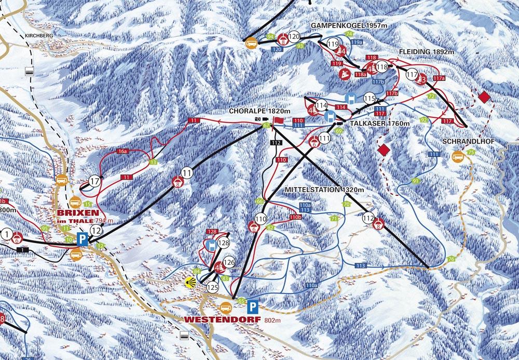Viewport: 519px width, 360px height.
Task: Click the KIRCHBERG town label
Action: [x=38, y=36]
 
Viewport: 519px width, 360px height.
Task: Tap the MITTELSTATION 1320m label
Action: [x=321, y=190]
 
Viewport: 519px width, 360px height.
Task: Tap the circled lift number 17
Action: [x=94, y=181]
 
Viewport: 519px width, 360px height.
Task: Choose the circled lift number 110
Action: [x=261, y=218]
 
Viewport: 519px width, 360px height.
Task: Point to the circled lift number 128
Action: [x=224, y=243]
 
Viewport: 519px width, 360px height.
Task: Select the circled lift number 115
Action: [x=369, y=98]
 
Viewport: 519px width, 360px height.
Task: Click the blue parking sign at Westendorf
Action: [x=252, y=305]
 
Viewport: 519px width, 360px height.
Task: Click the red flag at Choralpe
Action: [x=279, y=120]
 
